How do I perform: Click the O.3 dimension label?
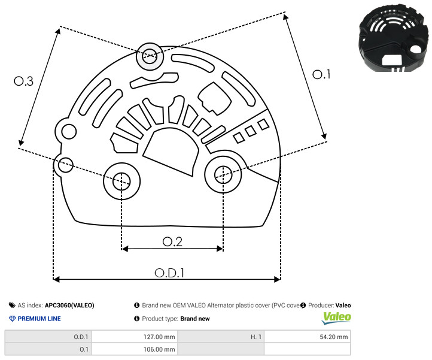(24, 81)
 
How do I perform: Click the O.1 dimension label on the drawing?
(321, 74)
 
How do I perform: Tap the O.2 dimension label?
(172, 241)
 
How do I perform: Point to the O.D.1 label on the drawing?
(169, 273)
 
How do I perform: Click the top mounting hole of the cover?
(150, 56)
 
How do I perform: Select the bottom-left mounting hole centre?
(121, 181)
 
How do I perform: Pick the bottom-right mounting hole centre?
(223, 174)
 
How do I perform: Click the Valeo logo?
(336, 318)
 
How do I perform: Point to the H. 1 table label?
(256, 337)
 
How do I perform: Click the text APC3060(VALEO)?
(69, 305)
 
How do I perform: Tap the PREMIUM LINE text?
(39, 319)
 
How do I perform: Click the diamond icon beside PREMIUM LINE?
(13, 319)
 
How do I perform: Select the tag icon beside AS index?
(12, 305)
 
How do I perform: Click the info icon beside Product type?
(136, 319)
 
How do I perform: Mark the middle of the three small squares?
(251, 131)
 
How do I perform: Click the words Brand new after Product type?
(195, 319)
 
